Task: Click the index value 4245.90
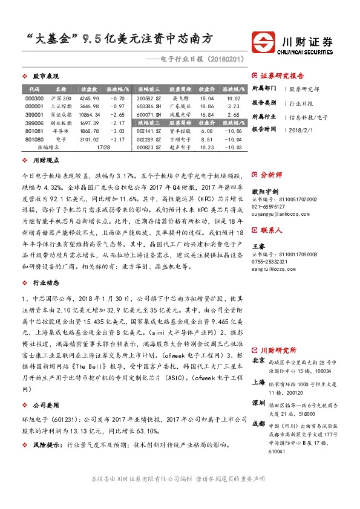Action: point(89,98)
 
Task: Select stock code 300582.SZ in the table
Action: point(149,98)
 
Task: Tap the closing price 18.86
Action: point(208,106)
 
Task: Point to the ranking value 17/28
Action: point(103,147)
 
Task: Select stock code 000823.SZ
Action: point(149,147)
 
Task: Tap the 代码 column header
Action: point(34,89)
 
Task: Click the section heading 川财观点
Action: point(45,161)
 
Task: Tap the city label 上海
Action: point(258,382)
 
